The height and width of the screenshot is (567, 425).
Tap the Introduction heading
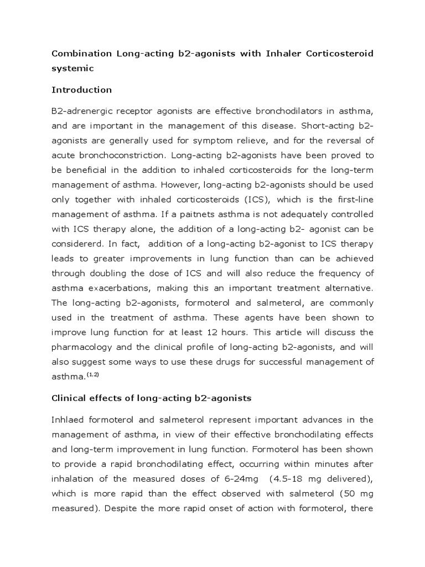click(x=81, y=90)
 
